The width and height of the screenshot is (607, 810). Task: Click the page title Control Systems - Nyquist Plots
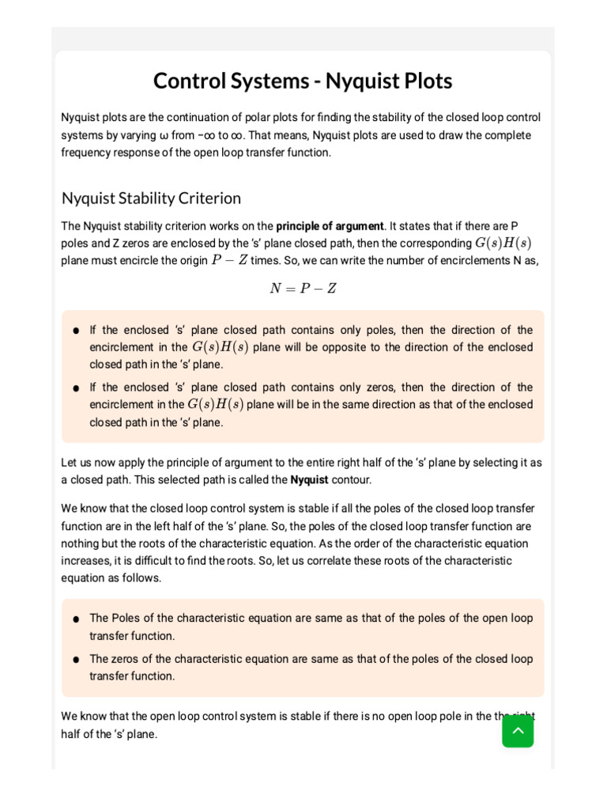point(303,81)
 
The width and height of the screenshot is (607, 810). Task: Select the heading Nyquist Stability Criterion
point(151,198)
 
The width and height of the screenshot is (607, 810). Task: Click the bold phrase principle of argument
point(330,226)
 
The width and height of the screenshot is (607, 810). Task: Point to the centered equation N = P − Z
point(303,289)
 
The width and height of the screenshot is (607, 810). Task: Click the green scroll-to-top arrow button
point(518,731)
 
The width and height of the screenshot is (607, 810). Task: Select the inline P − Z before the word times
point(229,261)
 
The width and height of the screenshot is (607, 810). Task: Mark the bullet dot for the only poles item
point(75,331)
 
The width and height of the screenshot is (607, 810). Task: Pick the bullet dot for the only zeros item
point(75,388)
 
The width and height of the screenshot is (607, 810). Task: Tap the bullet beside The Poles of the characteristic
point(75,619)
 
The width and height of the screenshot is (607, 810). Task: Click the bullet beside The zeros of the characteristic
point(75,660)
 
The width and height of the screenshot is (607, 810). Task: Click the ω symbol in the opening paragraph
point(164,135)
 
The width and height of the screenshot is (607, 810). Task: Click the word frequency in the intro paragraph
point(88,153)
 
